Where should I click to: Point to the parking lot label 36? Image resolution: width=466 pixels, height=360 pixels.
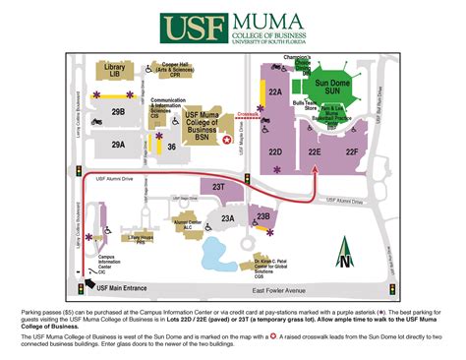click(171, 147)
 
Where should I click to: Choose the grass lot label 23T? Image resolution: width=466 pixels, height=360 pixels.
click(219, 186)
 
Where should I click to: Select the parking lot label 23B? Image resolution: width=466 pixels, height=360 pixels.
click(262, 216)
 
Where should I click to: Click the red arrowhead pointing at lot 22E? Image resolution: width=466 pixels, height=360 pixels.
click(315, 168)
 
